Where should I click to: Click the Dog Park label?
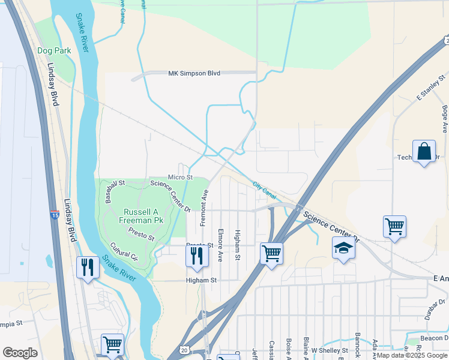(54, 50)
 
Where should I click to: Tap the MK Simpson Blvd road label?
(194, 73)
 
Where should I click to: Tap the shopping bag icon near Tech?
(424, 151)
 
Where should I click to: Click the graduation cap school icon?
(343, 248)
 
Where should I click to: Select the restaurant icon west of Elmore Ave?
(197, 256)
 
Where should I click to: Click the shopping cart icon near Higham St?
(271, 254)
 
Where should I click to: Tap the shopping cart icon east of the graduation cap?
(394, 227)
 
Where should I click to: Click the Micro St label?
(180, 177)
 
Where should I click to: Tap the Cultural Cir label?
(124, 251)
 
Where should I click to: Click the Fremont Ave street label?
(204, 208)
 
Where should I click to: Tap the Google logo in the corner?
(20, 353)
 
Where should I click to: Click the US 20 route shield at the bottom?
(184, 350)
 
